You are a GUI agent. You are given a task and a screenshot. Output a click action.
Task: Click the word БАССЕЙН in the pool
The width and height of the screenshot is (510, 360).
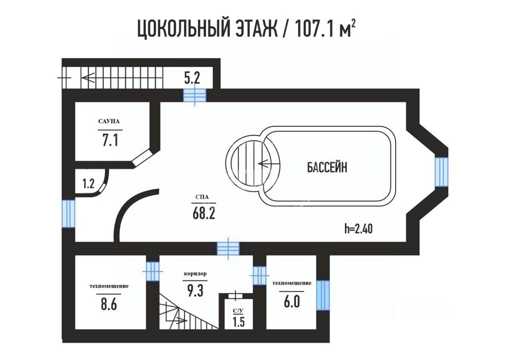tap(327, 168)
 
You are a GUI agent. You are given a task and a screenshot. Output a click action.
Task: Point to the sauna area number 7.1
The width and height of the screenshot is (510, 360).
tap(110, 141)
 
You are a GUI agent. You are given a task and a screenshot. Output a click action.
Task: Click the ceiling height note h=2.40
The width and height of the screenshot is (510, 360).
tap(359, 229)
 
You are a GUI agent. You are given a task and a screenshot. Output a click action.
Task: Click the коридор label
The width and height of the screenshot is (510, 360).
tap(195, 275)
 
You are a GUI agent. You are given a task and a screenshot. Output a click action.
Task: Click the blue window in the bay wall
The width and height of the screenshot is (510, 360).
tap(441, 171)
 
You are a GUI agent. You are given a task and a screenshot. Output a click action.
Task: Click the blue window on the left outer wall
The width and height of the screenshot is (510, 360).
tap(69, 213)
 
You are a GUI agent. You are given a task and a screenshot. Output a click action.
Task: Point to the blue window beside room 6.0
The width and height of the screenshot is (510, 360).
tap(323, 295)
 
